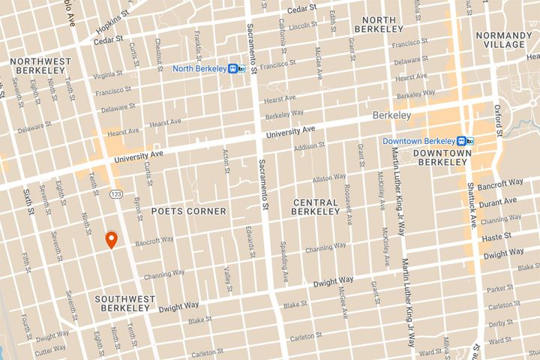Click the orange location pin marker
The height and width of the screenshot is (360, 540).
(x=111, y=239)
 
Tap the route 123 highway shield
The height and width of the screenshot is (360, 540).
(x=116, y=193)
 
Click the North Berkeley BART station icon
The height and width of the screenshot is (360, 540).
(x=237, y=68)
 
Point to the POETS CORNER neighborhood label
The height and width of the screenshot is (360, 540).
(x=188, y=211)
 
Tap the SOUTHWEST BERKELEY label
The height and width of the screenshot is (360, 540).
(x=124, y=304)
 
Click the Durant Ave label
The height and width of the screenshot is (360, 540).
(x=499, y=202)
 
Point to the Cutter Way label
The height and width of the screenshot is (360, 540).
(x=50, y=349)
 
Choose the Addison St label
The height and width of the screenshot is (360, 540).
(x=309, y=147)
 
